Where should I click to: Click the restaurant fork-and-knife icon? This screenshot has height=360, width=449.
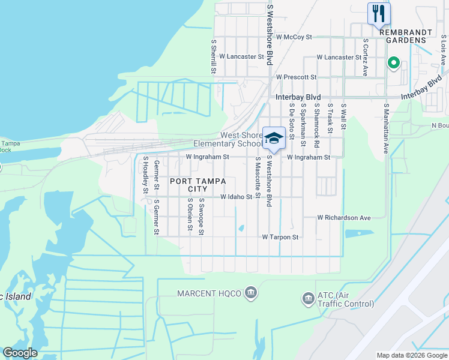[x=379, y=13]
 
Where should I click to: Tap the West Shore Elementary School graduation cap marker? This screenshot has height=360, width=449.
[x=274, y=139]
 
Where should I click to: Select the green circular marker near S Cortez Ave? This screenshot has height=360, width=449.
[x=394, y=62]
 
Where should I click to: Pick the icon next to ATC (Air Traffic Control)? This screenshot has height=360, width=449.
[x=309, y=298]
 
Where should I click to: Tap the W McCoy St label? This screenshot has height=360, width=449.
[x=292, y=37]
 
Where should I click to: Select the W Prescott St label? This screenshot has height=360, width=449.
[x=296, y=77]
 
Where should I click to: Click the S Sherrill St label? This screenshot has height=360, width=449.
[x=213, y=58]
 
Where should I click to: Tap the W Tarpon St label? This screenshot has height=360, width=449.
[x=280, y=238]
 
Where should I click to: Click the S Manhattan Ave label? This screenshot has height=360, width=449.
[x=386, y=128]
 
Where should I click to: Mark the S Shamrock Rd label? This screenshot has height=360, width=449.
[x=316, y=125]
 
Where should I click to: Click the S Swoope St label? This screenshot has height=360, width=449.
[x=202, y=217]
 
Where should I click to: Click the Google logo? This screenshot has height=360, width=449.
[x=20, y=353]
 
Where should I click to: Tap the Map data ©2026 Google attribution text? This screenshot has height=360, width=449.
[x=412, y=355]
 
